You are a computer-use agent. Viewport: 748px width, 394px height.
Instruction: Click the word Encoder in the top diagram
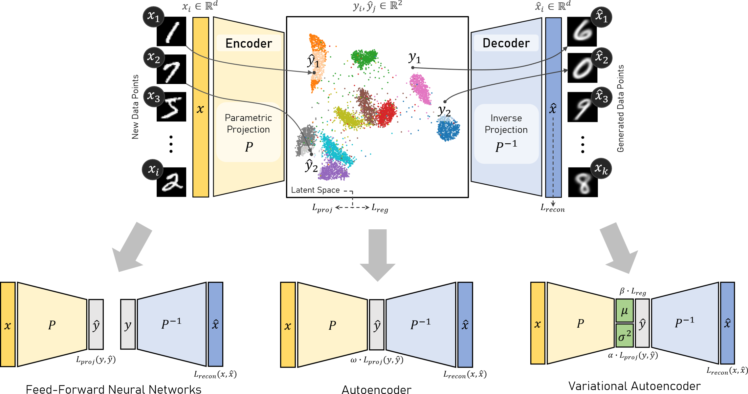click(249, 43)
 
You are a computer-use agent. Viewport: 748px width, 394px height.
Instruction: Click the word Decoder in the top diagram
click(506, 43)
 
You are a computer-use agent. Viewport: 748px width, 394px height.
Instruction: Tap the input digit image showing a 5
click(171, 107)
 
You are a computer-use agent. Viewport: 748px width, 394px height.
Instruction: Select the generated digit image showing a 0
click(582, 68)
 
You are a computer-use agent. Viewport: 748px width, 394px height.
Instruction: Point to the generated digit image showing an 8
click(583, 182)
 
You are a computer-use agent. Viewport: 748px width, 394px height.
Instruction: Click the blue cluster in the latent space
click(448, 130)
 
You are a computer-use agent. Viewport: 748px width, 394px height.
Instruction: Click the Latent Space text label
click(315, 190)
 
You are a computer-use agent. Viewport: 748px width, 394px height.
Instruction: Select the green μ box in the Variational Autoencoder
click(624, 310)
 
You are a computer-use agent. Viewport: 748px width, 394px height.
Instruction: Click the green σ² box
click(624, 336)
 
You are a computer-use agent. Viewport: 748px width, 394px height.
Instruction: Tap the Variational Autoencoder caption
click(634, 386)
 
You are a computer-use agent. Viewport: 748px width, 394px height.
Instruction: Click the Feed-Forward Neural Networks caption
click(113, 389)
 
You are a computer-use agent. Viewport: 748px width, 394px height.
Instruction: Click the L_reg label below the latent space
click(380, 208)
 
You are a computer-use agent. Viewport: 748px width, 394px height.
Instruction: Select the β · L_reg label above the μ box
click(632, 291)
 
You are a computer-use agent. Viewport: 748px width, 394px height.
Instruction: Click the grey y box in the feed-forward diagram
click(128, 324)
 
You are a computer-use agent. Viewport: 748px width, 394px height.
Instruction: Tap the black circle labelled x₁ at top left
click(153, 16)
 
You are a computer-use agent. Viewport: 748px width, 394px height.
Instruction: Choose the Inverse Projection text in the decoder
click(506, 124)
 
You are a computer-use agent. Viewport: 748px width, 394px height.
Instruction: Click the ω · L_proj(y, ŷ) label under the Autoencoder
click(377, 361)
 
